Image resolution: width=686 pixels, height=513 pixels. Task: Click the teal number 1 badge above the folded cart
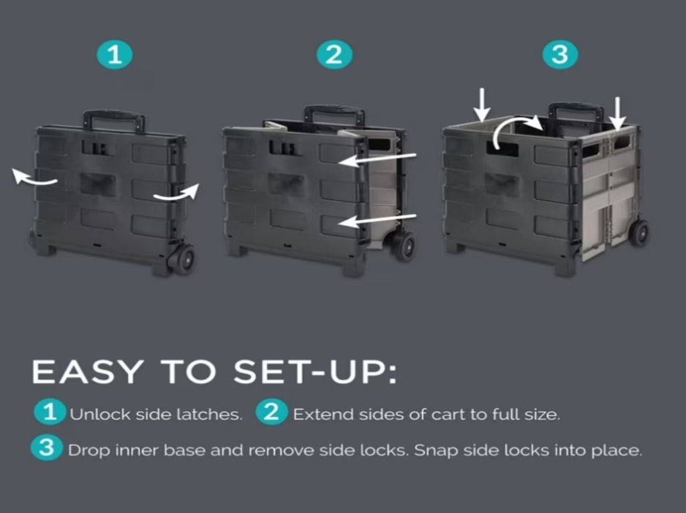tap(115, 55)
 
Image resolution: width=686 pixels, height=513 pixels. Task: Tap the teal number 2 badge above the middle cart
tap(334, 55)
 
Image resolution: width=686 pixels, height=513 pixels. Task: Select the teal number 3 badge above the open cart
tap(560, 55)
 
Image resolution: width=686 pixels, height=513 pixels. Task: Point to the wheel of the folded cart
tap(184, 259)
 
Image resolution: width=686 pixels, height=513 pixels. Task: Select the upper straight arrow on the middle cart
tap(377, 159)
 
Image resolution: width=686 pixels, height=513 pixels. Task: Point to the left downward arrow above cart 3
tap(482, 105)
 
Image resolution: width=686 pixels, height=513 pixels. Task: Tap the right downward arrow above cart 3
tap(618, 114)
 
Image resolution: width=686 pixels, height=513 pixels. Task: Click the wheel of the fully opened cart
tap(639, 232)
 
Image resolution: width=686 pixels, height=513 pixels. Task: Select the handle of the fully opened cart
tap(577, 112)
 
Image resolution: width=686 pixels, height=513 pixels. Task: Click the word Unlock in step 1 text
tap(100, 414)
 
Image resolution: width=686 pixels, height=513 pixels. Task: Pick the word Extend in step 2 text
tap(323, 414)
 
